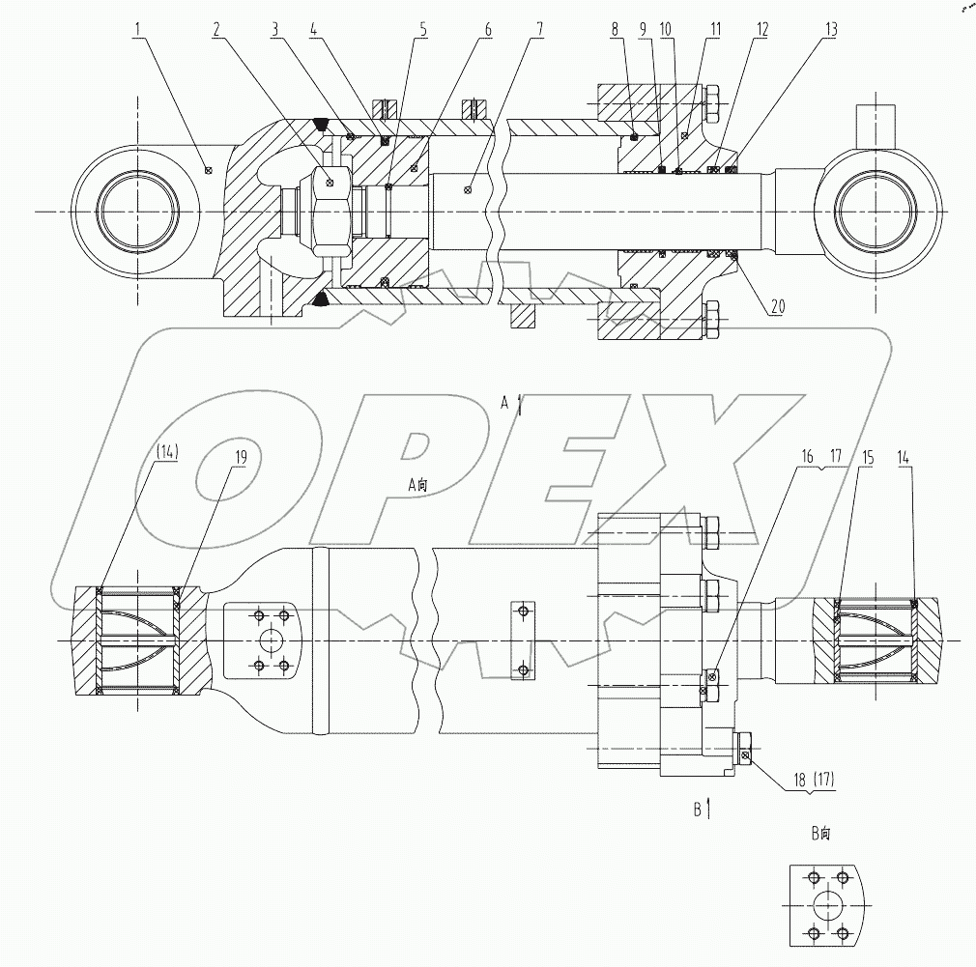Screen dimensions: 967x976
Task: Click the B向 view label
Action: point(820,833)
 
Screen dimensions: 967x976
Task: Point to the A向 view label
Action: point(416,487)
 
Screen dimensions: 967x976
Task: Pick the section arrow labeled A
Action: point(521,405)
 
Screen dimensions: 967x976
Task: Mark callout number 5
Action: point(422,30)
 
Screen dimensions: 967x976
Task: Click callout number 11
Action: point(713,30)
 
